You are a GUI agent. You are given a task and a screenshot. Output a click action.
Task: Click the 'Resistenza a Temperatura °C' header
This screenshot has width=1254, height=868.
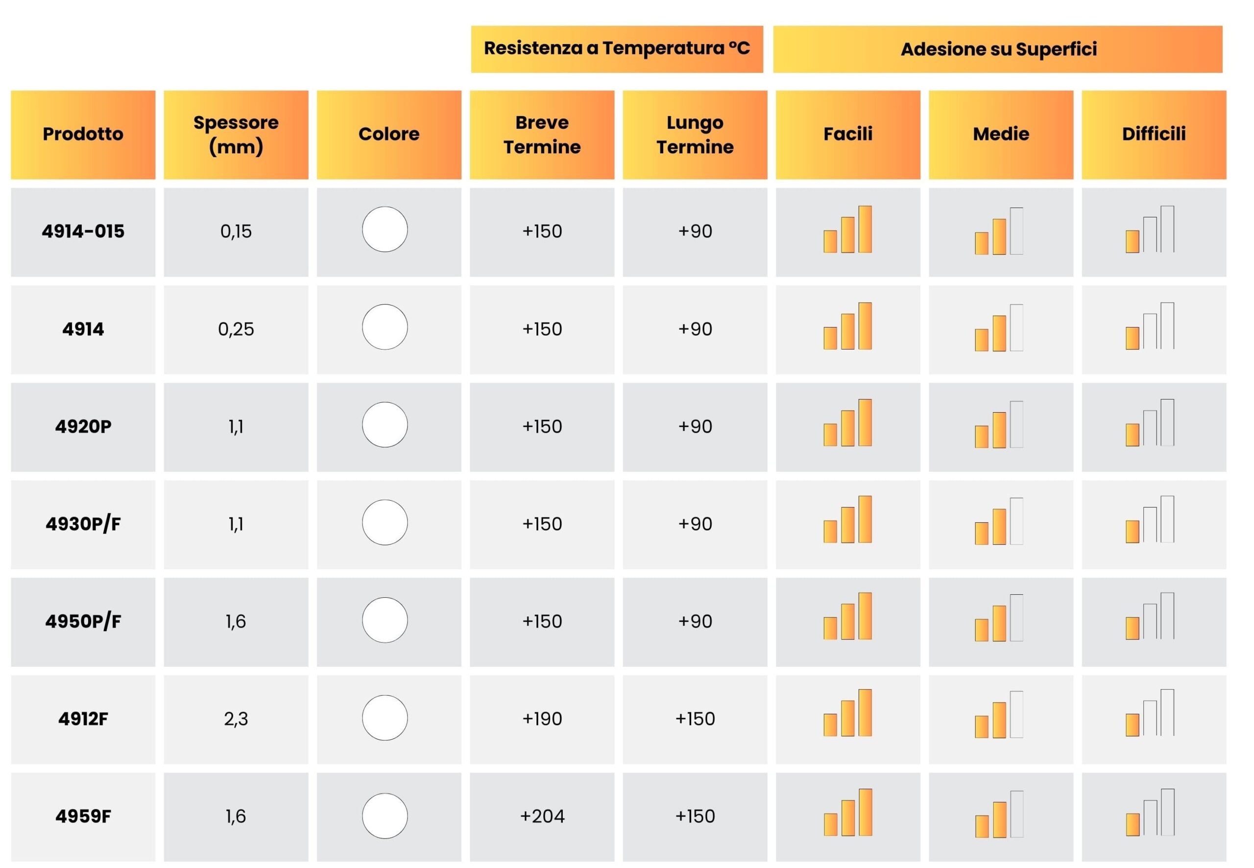[x=617, y=48]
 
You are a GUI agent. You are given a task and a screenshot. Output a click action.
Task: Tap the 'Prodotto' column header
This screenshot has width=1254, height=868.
[x=83, y=134]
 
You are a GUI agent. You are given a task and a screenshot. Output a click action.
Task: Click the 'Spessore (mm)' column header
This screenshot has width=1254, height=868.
[x=236, y=134]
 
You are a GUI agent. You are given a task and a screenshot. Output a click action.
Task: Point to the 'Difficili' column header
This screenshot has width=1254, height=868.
[x=1154, y=134]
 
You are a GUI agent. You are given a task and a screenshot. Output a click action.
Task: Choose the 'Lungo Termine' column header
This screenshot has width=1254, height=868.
[x=695, y=134]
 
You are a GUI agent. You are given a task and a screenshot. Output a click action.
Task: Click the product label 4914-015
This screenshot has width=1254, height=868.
[x=83, y=232]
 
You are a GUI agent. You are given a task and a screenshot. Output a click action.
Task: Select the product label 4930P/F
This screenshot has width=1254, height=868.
[x=83, y=524]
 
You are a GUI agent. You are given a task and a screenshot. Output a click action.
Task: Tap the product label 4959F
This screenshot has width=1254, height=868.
[x=83, y=816]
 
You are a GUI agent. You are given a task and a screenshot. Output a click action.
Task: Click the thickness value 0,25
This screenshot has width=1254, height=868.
[x=236, y=329]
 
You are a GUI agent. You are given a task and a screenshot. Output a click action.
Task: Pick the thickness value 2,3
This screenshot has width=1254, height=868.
[x=236, y=719]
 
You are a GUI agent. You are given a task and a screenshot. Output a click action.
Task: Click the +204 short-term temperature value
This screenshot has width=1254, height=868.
[x=542, y=816]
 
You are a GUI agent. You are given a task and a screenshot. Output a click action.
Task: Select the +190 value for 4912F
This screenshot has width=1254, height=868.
[x=542, y=719]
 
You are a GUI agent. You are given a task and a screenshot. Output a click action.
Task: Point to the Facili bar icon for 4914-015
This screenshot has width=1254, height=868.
[x=847, y=229]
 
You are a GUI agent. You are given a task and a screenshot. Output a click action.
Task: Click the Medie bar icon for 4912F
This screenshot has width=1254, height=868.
[x=999, y=715]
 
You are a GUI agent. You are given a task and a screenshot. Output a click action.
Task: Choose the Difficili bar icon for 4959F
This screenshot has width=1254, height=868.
[x=1150, y=812]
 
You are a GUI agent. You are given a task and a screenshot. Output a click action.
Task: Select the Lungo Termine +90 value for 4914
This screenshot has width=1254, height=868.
[x=695, y=329]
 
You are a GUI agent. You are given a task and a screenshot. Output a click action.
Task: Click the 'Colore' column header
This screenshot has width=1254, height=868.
[x=389, y=134]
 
